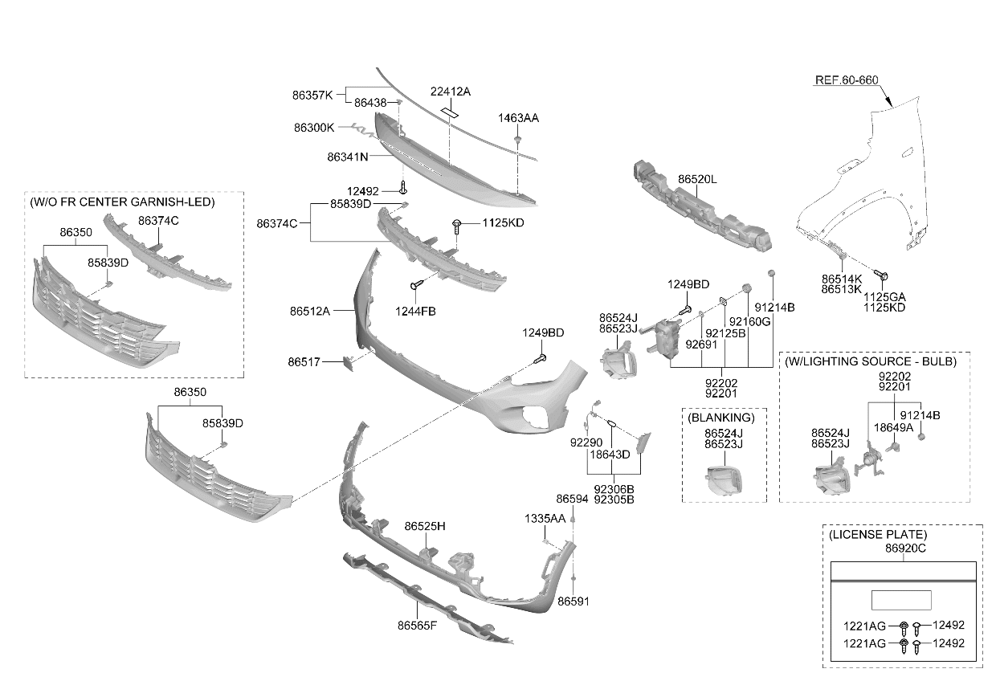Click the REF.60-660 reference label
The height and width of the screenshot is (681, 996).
(847, 80)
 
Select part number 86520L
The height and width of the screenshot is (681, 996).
(697, 179)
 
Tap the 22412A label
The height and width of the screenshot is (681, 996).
(450, 92)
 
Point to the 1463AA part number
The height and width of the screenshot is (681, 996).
(518, 118)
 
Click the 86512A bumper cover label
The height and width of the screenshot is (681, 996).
(310, 311)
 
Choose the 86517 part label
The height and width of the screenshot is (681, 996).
(304, 362)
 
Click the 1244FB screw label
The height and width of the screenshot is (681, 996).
(415, 312)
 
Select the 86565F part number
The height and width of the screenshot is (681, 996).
(417, 626)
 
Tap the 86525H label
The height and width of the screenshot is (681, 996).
(425, 526)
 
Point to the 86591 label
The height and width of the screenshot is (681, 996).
(574, 601)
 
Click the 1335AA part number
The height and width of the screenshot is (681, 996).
(545, 519)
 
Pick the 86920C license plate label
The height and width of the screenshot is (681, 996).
(905, 548)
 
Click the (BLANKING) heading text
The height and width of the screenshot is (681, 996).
(720, 418)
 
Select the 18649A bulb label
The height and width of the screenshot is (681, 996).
(893, 427)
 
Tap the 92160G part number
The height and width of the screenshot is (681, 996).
(749, 321)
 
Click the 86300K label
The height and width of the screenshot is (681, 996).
(314, 128)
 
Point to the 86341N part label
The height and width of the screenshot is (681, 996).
(348, 157)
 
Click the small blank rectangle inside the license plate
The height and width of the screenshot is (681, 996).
(901, 600)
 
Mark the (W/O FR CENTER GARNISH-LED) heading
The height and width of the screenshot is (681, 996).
(122, 202)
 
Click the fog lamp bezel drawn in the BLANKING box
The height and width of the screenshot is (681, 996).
(724, 479)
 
